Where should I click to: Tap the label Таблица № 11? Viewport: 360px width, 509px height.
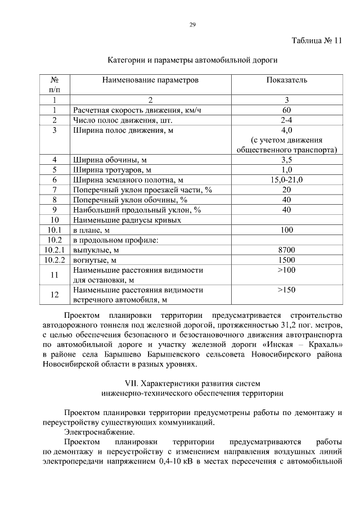click(316, 41)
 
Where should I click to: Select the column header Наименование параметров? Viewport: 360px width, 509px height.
click(150, 80)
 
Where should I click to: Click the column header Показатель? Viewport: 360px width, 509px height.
click(287, 80)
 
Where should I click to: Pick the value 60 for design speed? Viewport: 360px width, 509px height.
click(287, 110)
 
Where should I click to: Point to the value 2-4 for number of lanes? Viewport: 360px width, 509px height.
click(287, 120)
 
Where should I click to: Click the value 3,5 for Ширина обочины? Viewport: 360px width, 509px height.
click(287, 160)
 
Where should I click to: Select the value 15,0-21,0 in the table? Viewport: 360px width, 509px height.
click(287, 180)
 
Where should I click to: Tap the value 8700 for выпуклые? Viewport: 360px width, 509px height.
click(287, 250)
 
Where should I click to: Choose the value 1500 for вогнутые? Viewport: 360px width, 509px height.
click(287, 260)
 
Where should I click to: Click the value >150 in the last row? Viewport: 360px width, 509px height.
click(287, 291)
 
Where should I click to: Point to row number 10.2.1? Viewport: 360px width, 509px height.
click(55, 250)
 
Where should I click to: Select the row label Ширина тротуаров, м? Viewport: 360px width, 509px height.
click(109, 170)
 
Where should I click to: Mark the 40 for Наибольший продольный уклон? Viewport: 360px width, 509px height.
click(287, 210)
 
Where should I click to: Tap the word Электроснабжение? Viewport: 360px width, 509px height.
click(99, 433)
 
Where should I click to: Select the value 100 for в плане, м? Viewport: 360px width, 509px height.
click(287, 230)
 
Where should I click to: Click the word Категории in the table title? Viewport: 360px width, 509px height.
click(127, 59)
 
